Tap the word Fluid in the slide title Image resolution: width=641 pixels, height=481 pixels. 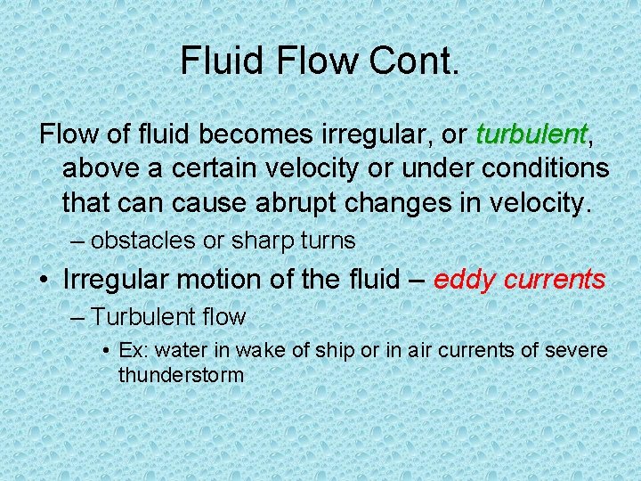point(218,60)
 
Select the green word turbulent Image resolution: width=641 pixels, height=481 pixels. point(531,135)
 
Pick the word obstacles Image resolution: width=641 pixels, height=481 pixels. point(138,240)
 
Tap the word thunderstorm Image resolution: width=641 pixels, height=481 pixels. point(181,375)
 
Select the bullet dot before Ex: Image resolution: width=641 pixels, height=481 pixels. point(108,352)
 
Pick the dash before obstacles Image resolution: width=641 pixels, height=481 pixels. point(78,240)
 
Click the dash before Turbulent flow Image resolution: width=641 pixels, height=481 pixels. point(78,317)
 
